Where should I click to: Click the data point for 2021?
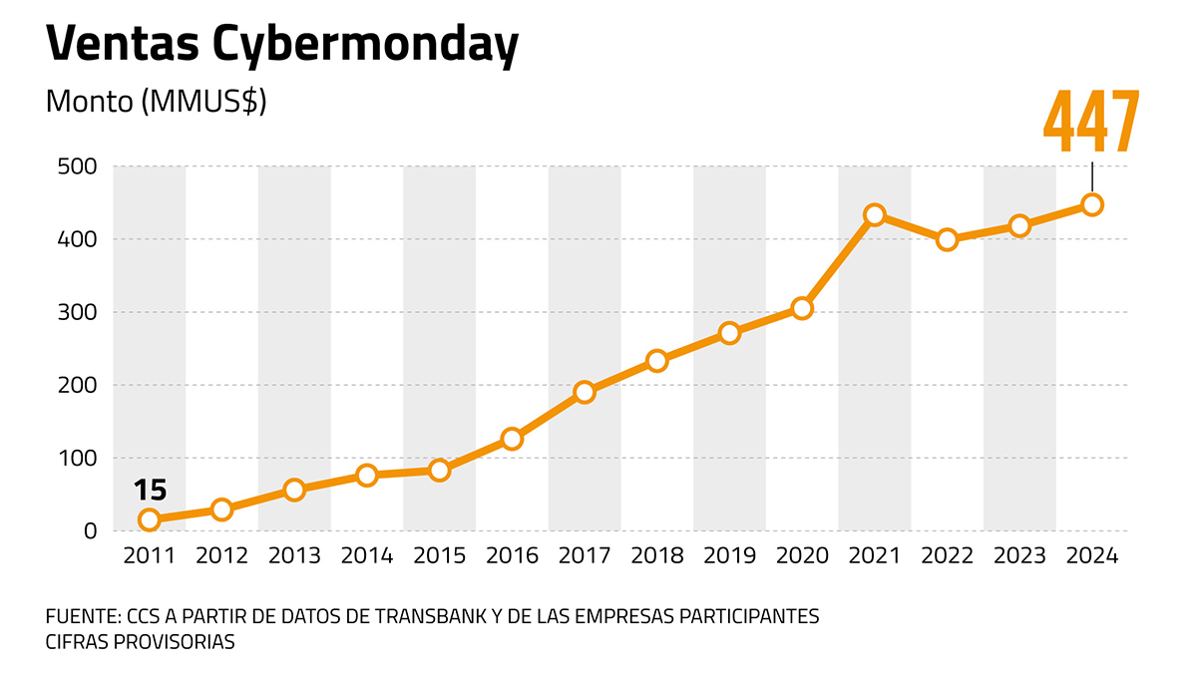click(x=875, y=214)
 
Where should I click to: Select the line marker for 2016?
click(x=512, y=439)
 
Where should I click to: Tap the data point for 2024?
click(x=1092, y=204)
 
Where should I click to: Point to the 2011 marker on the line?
click(x=150, y=518)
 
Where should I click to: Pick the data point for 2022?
click(x=948, y=239)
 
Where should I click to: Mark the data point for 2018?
click(x=656, y=360)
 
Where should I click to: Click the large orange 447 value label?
click(x=1091, y=123)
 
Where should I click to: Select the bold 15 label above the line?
click(x=150, y=491)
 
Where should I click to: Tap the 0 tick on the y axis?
click(x=90, y=531)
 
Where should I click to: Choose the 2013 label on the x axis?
click(x=294, y=556)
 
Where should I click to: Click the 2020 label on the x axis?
click(x=802, y=556)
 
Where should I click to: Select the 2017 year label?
click(x=585, y=556)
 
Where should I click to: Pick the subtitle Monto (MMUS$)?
click(x=156, y=103)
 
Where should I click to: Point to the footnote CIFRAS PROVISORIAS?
click(x=141, y=642)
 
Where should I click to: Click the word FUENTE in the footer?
click(x=80, y=616)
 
